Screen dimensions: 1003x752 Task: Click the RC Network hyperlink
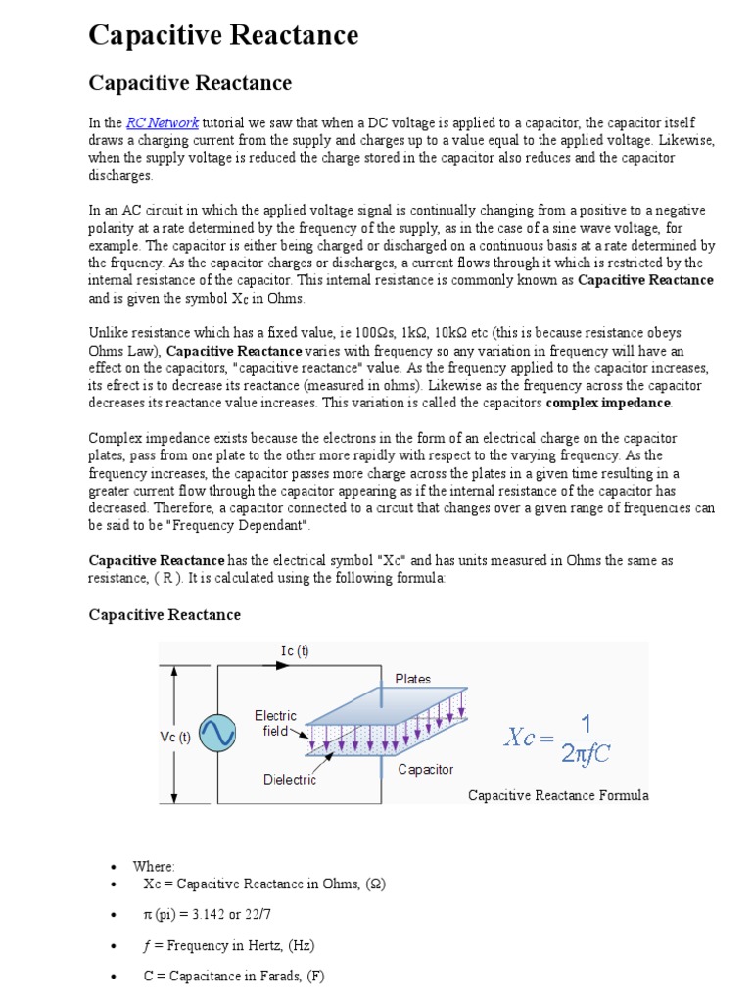tap(163, 122)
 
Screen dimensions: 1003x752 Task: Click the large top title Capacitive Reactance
tap(223, 36)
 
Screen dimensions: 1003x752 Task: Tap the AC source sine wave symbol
tap(216, 733)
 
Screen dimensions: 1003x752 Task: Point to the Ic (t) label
tap(294, 651)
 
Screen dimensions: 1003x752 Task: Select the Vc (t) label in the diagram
tap(176, 737)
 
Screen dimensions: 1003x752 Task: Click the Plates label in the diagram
tap(412, 678)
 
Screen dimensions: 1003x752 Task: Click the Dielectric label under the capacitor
tap(290, 780)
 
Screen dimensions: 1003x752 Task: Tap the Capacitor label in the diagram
tap(425, 769)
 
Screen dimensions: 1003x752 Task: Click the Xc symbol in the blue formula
tap(531, 737)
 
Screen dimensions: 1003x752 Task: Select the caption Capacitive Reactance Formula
tap(558, 795)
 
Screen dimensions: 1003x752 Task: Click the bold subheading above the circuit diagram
tap(164, 614)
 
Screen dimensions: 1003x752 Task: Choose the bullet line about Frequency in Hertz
tap(228, 945)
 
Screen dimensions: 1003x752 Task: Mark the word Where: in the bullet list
tap(154, 867)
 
